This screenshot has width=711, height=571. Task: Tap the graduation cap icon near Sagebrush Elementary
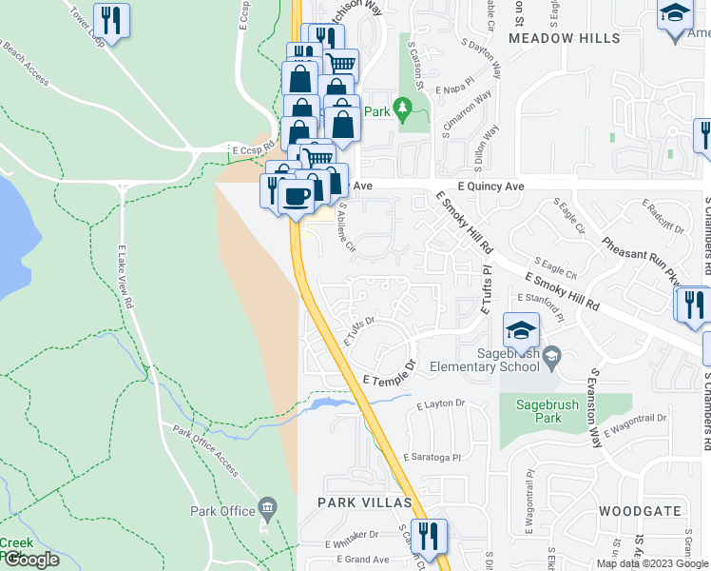pos(520,331)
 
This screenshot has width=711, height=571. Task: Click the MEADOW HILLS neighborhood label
pos(564,38)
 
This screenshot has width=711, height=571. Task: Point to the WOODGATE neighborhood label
pos(640,511)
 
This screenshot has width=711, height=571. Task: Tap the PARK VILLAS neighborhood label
pos(364,502)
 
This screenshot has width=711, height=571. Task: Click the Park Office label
pos(223,511)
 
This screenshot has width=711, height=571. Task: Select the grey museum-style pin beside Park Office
pos(267,507)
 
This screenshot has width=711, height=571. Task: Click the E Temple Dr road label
pos(390,372)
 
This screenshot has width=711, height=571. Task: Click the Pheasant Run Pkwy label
pos(639,264)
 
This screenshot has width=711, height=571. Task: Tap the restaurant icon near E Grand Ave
pos(431,535)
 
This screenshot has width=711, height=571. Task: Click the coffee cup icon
pos(297,197)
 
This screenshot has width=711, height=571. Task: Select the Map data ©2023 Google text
pos(652,563)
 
